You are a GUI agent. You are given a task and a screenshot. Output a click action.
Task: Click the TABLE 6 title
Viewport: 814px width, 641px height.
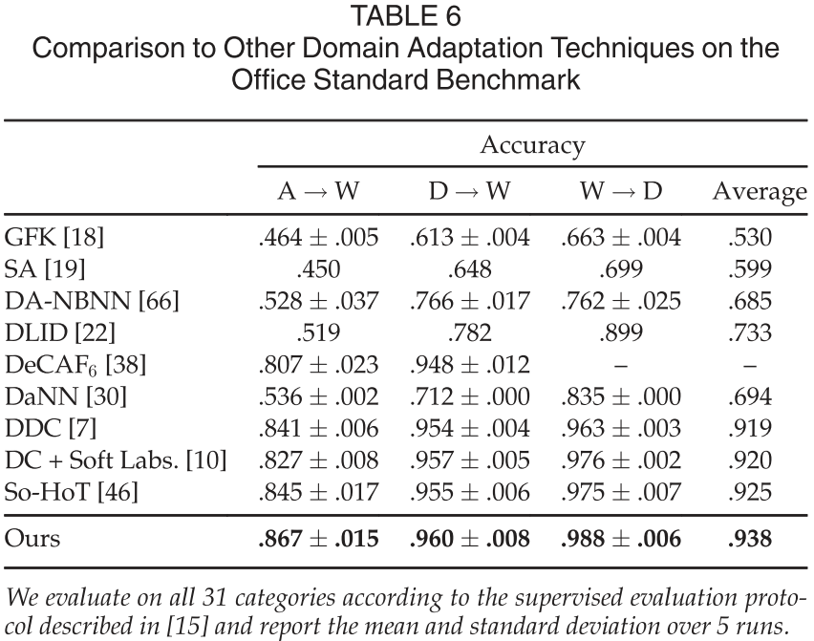[x=406, y=16]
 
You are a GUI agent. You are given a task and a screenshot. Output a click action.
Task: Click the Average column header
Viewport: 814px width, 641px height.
[x=760, y=193]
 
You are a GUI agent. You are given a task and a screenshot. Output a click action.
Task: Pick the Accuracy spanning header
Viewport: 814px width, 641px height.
[x=532, y=145]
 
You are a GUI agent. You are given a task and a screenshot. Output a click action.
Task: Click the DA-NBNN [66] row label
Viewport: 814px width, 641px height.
[x=92, y=302]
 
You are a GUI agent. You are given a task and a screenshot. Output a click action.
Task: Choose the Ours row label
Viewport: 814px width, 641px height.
[x=32, y=540]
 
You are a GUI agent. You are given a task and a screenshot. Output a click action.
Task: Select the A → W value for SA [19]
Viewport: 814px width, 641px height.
[x=318, y=269]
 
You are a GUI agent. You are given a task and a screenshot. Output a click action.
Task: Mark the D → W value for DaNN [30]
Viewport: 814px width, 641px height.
[x=470, y=397]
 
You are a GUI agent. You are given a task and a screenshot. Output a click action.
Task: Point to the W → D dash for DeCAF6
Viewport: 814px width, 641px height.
[x=621, y=366]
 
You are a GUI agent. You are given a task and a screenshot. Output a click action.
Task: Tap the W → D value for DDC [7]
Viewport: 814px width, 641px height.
[x=621, y=430]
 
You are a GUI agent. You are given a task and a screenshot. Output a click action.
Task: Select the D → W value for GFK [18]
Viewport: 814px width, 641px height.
[x=470, y=237]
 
